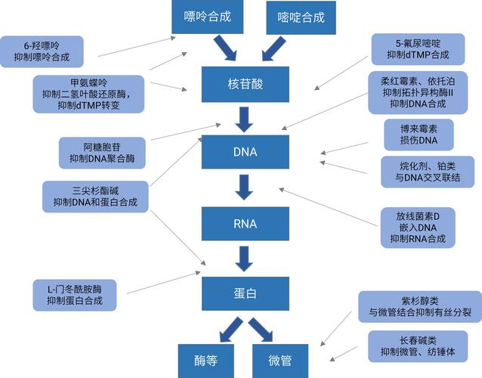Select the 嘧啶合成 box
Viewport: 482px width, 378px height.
click(x=301, y=17)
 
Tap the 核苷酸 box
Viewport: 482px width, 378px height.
click(x=245, y=84)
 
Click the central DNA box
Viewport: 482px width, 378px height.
click(x=245, y=151)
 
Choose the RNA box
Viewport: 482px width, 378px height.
click(x=245, y=224)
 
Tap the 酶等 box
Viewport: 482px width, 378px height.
click(x=204, y=360)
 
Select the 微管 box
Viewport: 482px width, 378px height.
click(x=280, y=360)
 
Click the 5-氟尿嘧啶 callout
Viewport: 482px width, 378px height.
click(x=417, y=49)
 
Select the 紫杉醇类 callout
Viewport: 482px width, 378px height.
click(x=420, y=305)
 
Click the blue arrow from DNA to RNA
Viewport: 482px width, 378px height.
click(x=245, y=187)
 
